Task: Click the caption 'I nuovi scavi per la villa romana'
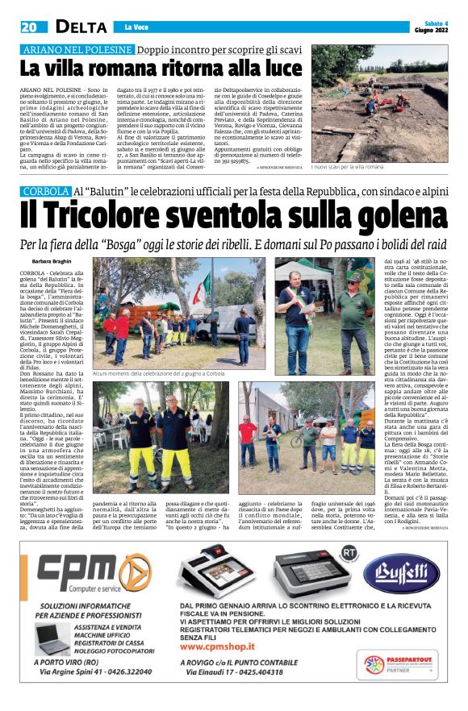tap(349, 166)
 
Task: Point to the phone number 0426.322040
tap(124, 693)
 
